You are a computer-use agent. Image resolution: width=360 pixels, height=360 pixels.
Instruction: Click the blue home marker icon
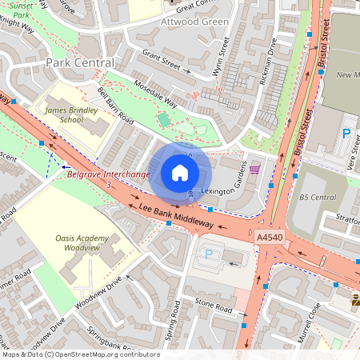(x=180, y=172)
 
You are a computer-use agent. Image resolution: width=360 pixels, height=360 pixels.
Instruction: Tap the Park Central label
(x=80, y=62)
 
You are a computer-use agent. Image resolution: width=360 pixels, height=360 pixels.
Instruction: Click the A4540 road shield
(x=268, y=238)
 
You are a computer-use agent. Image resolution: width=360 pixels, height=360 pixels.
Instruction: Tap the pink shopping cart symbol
(x=254, y=170)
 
